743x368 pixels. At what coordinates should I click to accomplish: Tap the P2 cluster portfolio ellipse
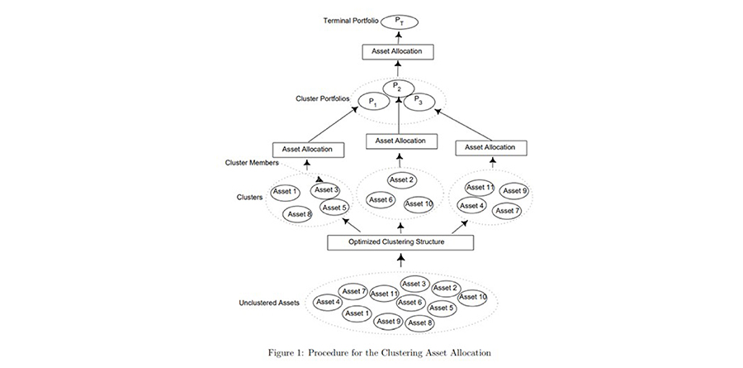click(x=399, y=88)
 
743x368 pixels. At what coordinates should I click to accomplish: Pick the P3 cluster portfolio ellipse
click(x=419, y=100)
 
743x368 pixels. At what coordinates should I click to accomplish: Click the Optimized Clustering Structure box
click(x=401, y=242)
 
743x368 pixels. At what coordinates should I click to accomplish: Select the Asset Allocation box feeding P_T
click(x=398, y=52)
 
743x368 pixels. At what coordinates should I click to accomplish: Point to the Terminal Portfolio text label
click(x=351, y=21)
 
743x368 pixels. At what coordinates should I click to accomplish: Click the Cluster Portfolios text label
click(x=322, y=98)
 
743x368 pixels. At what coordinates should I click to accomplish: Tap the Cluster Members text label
click(x=251, y=162)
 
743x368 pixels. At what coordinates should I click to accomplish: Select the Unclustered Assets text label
click(x=269, y=303)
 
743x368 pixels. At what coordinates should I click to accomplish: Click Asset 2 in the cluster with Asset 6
click(x=401, y=180)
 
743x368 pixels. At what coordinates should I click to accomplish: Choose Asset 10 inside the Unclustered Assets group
click(x=473, y=297)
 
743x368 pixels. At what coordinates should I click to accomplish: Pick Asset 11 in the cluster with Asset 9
click(x=480, y=188)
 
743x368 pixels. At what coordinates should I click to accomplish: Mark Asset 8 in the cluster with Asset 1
click(x=297, y=214)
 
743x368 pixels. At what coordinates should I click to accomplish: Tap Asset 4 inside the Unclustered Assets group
click(x=328, y=302)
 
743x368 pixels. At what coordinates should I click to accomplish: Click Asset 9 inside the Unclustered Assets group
click(x=389, y=322)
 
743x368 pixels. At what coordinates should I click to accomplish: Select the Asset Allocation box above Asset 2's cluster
click(x=401, y=141)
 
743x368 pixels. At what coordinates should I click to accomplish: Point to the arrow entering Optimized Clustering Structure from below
click(x=401, y=260)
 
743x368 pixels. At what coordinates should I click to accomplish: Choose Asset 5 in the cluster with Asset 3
click(x=334, y=208)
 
